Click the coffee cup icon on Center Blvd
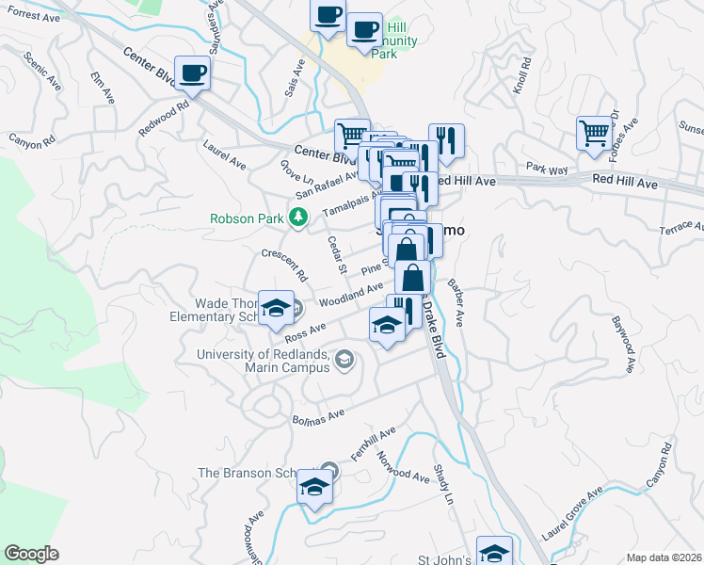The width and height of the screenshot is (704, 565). pyautogui.click(x=193, y=73)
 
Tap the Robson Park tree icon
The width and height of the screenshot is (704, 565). pyautogui.click(x=298, y=218)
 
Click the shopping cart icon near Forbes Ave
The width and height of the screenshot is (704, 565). pyautogui.click(x=595, y=134)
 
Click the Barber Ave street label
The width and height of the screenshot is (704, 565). pyautogui.click(x=457, y=301)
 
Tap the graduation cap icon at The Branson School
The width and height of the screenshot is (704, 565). pyautogui.click(x=314, y=486)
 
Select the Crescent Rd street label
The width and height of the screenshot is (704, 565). pyautogui.click(x=284, y=265)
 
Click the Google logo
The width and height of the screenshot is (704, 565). pyautogui.click(x=31, y=553)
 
